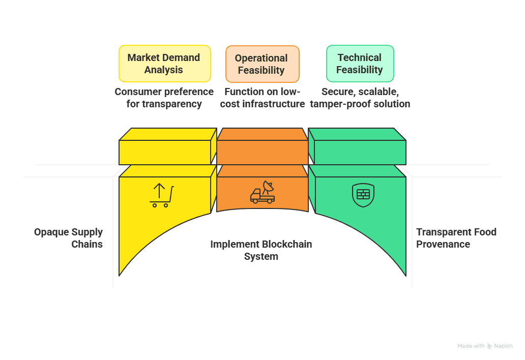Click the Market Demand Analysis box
[x=164, y=64]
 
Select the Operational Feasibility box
[x=261, y=64]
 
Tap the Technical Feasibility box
[x=359, y=64]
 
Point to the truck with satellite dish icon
[x=262, y=193]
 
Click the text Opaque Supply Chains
[x=69, y=238]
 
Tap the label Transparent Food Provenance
[x=456, y=238]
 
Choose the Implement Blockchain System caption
[x=261, y=250]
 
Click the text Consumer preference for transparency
[x=164, y=98]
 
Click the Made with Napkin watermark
[x=485, y=346]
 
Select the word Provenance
[x=443, y=244]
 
